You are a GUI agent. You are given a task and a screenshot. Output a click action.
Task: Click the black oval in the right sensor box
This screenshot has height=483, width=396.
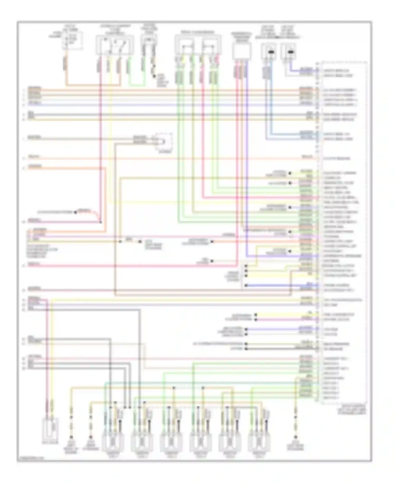pos(290,52)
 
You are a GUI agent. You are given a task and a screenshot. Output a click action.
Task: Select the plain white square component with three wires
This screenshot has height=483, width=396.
pos(242,51)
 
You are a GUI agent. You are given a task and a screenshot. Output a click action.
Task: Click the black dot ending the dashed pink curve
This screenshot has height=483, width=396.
pos(76,212)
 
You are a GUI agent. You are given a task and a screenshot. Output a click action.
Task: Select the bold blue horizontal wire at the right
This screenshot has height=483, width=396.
pos(280,286)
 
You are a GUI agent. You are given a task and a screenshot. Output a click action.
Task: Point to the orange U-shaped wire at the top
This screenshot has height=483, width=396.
pos(92,85)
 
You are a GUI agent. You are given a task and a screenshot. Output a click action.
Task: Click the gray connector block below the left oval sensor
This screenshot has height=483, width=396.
pos(267,73)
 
